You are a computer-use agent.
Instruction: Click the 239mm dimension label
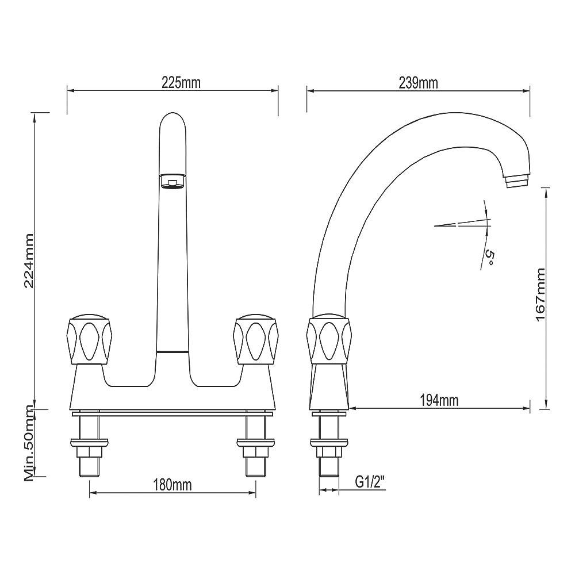418,82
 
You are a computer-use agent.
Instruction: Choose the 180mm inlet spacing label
172,485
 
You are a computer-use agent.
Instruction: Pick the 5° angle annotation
489,257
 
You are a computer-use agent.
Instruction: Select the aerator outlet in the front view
172,182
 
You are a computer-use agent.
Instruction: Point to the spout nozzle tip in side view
516,182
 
